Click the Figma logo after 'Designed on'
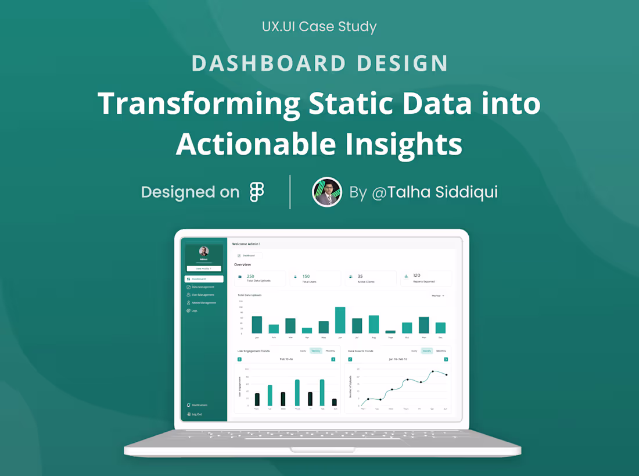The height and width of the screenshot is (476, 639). pyautogui.click(x=257, y=192)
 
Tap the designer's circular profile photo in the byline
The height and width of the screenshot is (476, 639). pyautogui.click(x=327, y=192)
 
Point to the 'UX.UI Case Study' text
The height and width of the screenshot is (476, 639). pyautogui.click(x=319, y=27)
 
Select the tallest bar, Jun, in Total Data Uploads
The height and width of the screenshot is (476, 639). pyautogui.click(x=340, y=320)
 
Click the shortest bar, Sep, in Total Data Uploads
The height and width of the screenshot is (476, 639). pyautogui.click(x=390, y=332)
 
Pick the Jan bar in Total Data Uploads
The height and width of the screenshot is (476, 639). pyautogui.click(x=257, y=325)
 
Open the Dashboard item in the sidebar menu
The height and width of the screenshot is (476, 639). pyautogui.click(x=204, y=279)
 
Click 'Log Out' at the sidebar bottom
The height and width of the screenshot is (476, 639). pyautogui.click(x=197, y=414)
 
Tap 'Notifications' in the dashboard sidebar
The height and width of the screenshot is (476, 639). pyautogui.click(x=199, y=405)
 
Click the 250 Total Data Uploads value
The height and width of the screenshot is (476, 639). pyautogui.click(x=250, y=277)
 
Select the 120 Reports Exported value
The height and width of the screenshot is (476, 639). pyautogui.click(x=417, y=275)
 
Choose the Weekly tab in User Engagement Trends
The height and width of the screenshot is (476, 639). pyautogui.click(x=316, y=351)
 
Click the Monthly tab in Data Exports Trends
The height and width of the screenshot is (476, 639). pyautogui.click(x=441, y=351)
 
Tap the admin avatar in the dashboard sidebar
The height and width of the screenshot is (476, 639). pyautogui.click(x=204, y=251)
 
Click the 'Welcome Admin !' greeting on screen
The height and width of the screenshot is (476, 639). pyautogui.click(x=246, y=244)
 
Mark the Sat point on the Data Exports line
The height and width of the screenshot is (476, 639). pyautogui.click(x=433, y=371)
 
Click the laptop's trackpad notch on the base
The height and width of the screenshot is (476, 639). pyautogui.click(x=322, y=450)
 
